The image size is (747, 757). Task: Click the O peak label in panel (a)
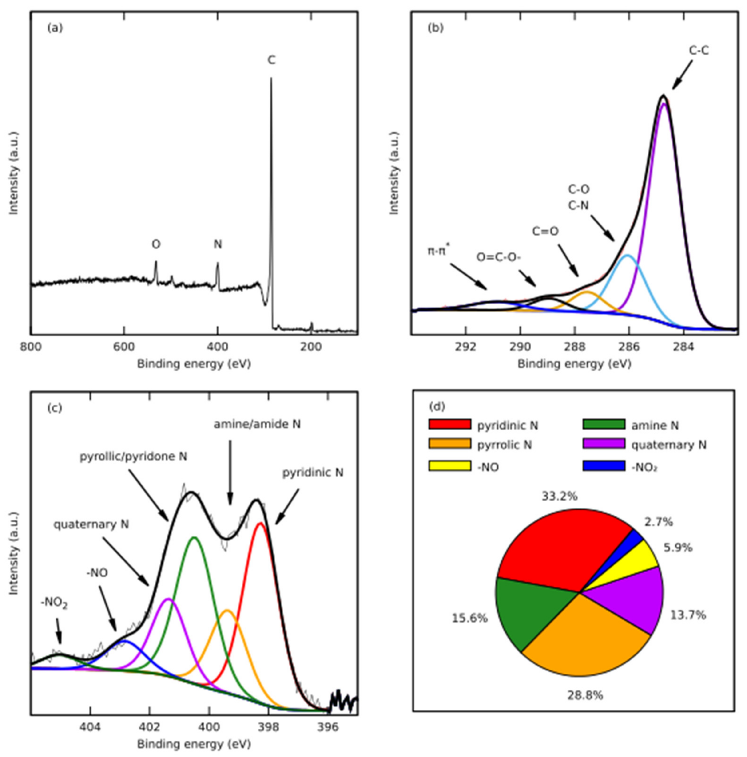[156, 244]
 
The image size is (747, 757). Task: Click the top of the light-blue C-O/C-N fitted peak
[628, 256]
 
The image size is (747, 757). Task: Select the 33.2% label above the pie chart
[560, 497]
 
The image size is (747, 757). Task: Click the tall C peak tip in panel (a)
[271, 78]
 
